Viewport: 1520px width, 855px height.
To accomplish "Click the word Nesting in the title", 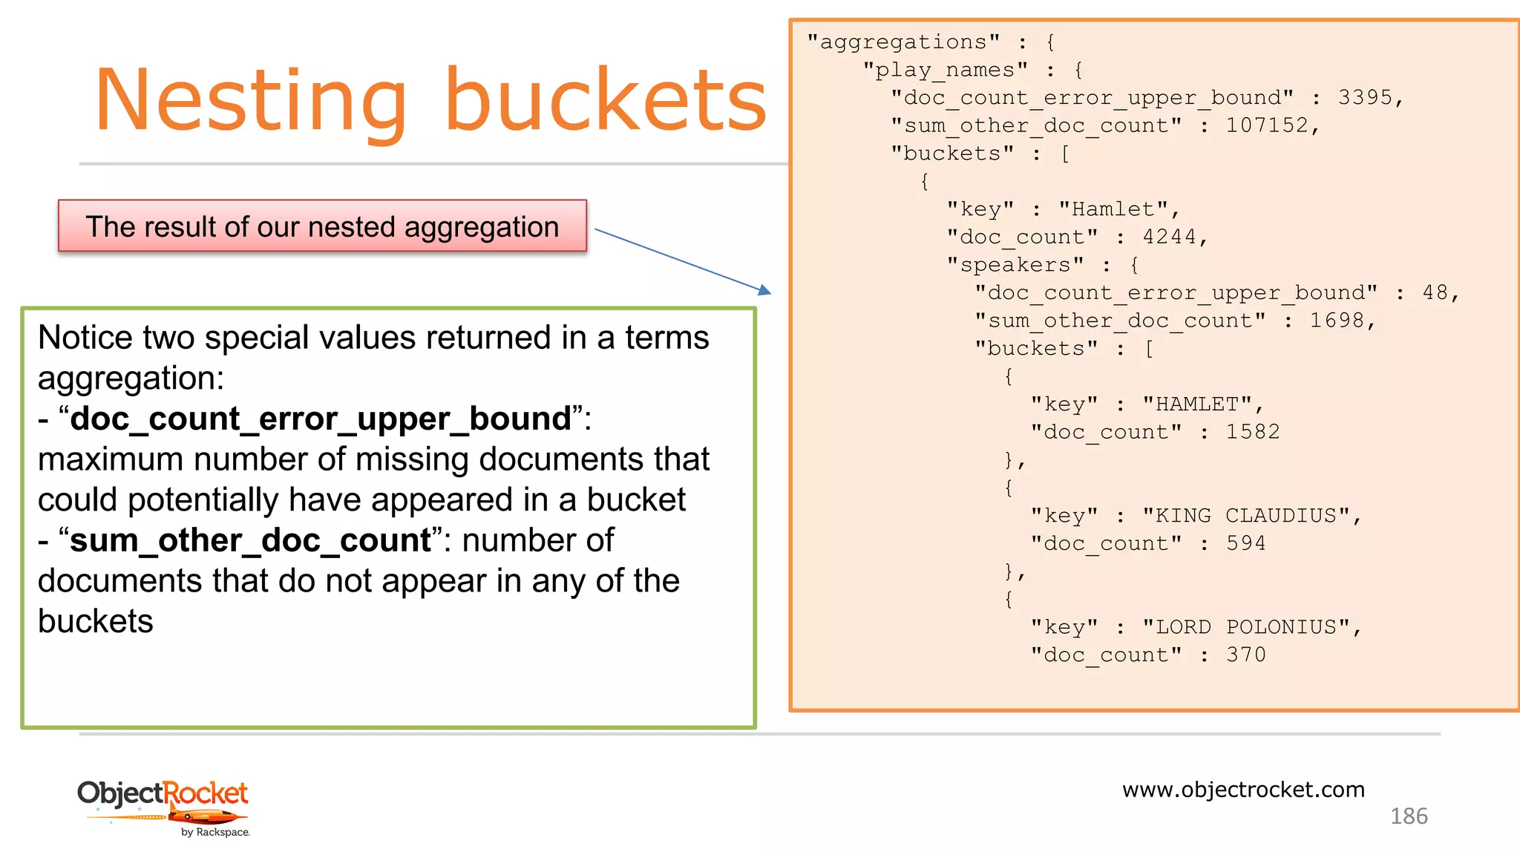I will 250,100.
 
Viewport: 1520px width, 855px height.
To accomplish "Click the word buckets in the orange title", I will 605,100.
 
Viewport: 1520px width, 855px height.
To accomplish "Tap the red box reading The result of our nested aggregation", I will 322,226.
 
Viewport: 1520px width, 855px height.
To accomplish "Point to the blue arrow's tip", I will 768,292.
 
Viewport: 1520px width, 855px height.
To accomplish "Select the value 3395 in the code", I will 1365,97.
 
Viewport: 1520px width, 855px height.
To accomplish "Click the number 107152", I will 1267,125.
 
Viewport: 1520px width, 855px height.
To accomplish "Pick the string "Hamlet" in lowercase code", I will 1114,209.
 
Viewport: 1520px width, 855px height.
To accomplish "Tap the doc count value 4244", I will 1169,237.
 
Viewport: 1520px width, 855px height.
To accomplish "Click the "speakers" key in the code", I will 1015,265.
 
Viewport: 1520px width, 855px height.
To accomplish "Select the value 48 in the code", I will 1435,292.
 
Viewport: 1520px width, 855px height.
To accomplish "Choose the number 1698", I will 1337,321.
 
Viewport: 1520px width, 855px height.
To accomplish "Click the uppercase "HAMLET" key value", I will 1197,404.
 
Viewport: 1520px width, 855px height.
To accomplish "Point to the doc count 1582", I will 1253,432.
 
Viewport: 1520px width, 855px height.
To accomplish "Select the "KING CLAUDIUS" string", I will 1246,516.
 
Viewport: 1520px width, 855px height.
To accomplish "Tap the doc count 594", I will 1245,543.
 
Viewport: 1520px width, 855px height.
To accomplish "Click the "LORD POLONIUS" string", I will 1246,627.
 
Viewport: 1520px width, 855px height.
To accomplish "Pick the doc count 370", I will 1245,655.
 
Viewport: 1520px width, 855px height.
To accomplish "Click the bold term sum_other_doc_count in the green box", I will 251,540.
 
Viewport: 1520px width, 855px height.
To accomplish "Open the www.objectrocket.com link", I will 1243,789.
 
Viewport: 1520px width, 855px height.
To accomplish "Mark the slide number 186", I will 1408,816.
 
